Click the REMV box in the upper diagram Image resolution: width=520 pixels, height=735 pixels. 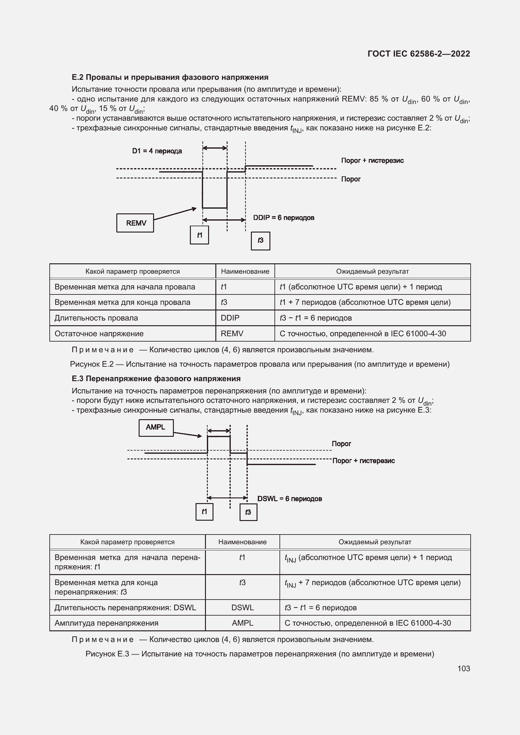[135, 223]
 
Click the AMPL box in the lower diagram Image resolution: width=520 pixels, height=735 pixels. [156, 427]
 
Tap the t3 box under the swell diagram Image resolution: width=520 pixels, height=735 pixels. [248, 512]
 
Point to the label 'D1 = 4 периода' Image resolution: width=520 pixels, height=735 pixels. [157, 151]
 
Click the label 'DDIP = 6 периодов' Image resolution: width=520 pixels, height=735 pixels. [283, 218]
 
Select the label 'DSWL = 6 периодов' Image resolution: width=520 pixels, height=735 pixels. [290, 498]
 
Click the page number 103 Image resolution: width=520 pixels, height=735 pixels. [463, 668]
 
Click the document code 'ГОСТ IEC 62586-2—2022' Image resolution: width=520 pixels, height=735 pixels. [418, 54]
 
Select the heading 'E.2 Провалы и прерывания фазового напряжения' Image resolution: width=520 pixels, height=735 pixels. [170, 77]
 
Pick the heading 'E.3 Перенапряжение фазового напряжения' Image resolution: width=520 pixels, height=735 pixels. [156, 379]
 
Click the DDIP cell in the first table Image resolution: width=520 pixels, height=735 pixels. [230, 318]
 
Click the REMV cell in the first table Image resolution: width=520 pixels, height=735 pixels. [232, 334]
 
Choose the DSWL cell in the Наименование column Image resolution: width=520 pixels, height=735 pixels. [242, 608]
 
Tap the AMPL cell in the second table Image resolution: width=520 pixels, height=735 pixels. [242, 623]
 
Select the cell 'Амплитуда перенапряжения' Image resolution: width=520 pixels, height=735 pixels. [106, 623]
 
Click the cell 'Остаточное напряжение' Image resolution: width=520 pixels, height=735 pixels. [99, 334]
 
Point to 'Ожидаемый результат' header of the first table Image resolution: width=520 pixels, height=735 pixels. [372, 272]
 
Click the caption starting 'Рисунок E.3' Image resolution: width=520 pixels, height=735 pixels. [260, 654]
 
